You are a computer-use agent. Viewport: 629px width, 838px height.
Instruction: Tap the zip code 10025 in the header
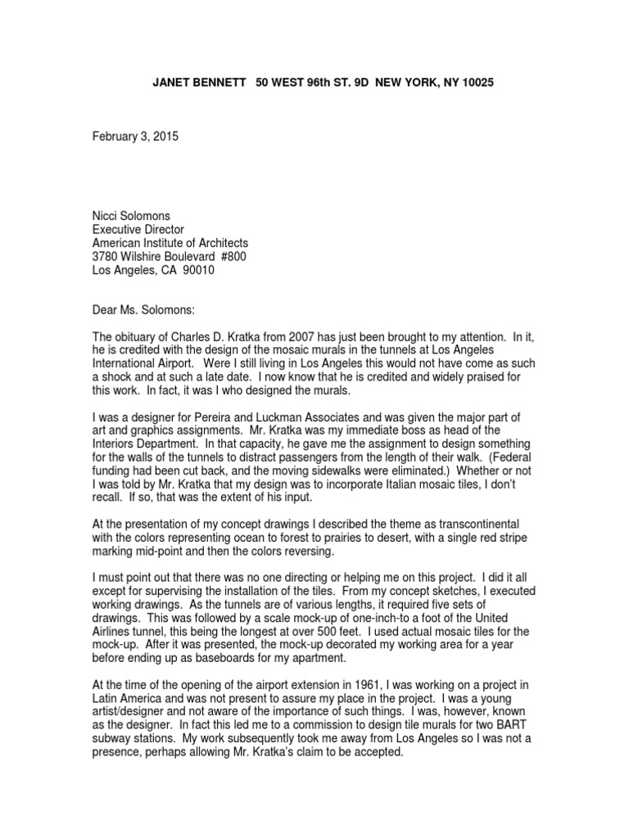(476, 84)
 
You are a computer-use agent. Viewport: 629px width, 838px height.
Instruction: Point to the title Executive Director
(138, 229)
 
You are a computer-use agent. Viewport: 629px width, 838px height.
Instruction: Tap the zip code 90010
(197, 271)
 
